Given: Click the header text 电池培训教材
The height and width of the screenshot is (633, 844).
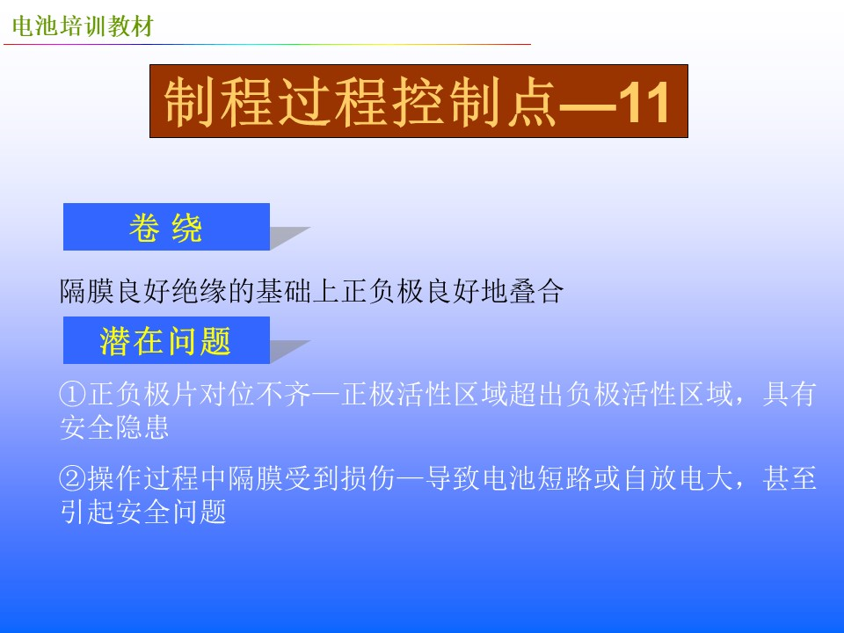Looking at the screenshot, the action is pos(83,25).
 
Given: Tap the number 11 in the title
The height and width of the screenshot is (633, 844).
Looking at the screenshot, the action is pos(644,102).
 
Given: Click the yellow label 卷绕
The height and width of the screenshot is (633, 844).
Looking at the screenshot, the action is pos(166,228).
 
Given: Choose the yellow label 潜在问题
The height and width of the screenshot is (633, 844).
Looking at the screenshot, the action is pos(165,341).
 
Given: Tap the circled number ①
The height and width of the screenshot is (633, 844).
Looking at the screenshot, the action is pos(73,394).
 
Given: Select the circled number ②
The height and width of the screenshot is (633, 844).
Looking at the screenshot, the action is pos(73,478).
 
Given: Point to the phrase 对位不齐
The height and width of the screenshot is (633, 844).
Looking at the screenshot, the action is pos(255,394).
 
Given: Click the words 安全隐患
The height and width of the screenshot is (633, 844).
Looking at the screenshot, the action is pos(114,427).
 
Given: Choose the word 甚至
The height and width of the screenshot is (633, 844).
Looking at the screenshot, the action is pos(789,478).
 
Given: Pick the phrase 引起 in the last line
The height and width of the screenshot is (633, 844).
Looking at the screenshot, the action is pos(86,512).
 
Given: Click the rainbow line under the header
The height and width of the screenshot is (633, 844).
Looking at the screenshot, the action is pos(267,44).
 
